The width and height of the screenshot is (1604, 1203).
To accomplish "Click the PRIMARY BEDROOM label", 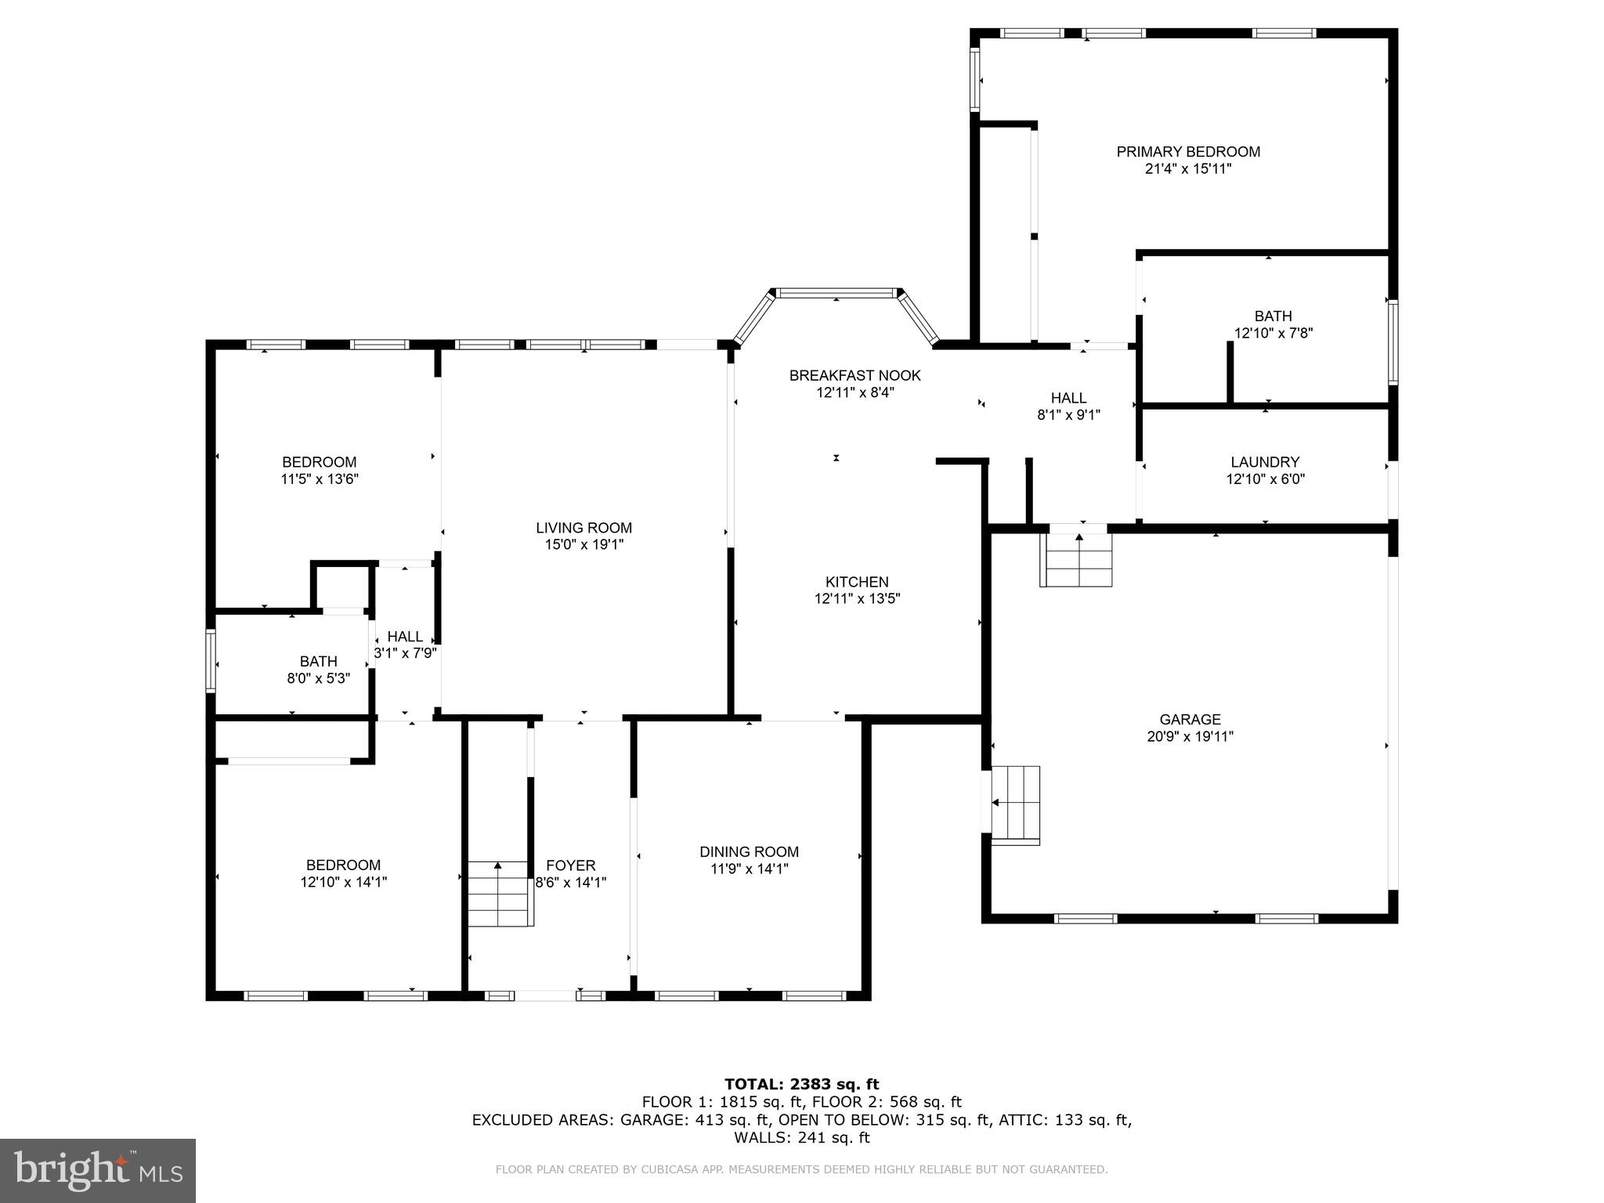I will (x=1187, y=152).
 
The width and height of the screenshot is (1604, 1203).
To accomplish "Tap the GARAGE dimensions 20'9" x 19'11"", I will (x=1190, y=736).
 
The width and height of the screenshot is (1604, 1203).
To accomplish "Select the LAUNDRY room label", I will (x=1264, y=462).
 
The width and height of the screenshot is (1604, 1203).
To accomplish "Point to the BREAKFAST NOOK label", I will (x=854, y=376).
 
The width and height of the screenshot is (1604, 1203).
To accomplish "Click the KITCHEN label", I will (x=857, y=582).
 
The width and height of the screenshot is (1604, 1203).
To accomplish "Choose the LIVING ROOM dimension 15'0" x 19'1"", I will (x=583, y=545).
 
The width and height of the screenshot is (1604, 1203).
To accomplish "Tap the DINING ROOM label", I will (x=749, y=852).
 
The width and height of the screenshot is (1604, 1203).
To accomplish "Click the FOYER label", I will (x=570, y=865).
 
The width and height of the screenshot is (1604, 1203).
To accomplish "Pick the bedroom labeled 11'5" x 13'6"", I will (x=319, y=471).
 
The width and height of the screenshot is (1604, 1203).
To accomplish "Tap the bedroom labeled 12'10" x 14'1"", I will (x=343, y=873).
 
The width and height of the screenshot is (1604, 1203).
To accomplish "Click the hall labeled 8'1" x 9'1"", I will (x=1068, y=406).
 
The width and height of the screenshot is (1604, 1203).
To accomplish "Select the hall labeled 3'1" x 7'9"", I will (x=405, y=645).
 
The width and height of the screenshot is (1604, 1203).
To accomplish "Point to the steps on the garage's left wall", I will (x=1016, y=804).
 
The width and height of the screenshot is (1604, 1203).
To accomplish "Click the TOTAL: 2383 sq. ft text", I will (x=801, y=1085).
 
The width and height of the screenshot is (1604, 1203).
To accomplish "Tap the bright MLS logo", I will (x=98, y=1170).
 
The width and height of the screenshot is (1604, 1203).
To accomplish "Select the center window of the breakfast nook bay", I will (x=836, y=294).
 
